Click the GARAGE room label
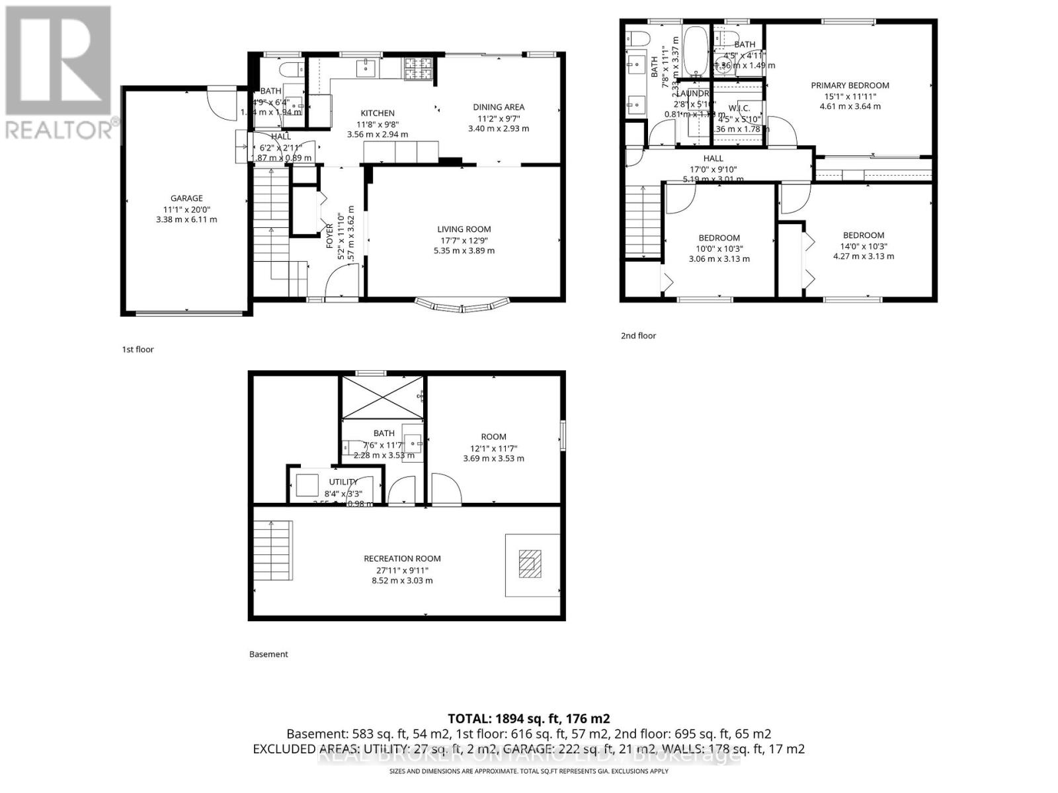[x=186, y=198]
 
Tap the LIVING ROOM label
[x=464, y=229]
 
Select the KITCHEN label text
[x=378, y=113]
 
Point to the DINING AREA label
[x=499, y=107]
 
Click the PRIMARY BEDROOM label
[x=850, y=85]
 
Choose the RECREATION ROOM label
[x=402, y=558]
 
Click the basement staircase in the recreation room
[x=273, y=550]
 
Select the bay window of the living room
[x=463, y=305]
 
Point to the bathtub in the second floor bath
[x=695, y=49]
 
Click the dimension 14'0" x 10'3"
[x=864, y=246]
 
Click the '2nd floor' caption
[x=638, y=336]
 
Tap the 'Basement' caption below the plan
[x=268, y=654]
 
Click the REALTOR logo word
[x=60, y=129]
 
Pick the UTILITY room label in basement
[x=343, y=482]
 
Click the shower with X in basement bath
[x=382, y=397]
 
